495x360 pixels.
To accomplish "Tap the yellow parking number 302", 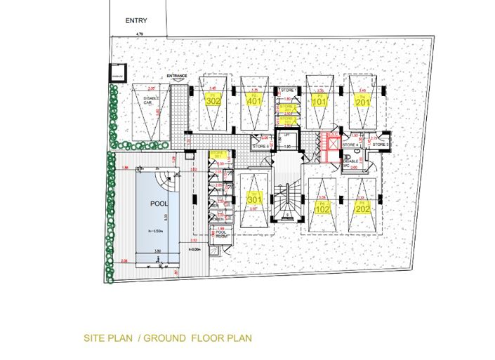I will point(213,100).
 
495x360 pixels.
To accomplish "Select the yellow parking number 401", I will point(254,100).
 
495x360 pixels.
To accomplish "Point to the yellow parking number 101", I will point(319,100).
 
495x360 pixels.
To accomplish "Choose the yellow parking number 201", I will point(362,100).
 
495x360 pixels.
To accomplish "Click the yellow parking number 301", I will point(254,199).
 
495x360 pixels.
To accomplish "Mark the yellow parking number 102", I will point(322,208).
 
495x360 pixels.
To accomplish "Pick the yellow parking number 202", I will point(362,208).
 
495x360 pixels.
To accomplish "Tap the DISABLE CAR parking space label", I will point(148,100).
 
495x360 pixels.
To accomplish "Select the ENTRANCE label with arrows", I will point(177,75).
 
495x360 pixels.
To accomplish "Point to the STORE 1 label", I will point(287,91).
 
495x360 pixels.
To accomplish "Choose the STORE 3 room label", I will point(380,145).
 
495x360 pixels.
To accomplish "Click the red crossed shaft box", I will point(330,145).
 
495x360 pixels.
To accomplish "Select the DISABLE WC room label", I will point(351,163).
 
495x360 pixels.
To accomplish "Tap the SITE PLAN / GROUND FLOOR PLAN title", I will point(167,338).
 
